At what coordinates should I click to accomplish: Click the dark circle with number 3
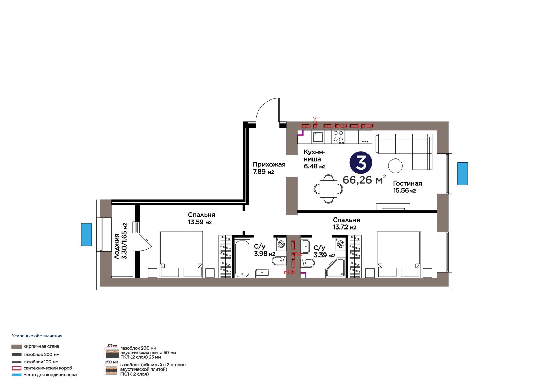pyautogui.click(x=361, y=163)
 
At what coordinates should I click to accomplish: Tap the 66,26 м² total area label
pyautogui.click(x=364, y=179)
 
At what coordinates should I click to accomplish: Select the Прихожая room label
pyautogui.click(x=269, y=164)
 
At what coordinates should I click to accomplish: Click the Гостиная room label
pyautogui.click(x=408, y=183)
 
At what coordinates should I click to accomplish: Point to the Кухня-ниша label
pyautogui.click(x=314, y=155)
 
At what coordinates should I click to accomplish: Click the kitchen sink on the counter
pyautogui.click(x=318, y=137)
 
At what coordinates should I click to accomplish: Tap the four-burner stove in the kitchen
pyautogui.click(x=338, y=137)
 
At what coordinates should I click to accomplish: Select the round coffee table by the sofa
pyautogui.click(x=395, y=166)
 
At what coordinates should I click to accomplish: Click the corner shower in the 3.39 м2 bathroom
pyautogui.click(x=335, y=268)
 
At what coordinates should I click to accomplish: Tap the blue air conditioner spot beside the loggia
pyautogui.click(x=86, y=234)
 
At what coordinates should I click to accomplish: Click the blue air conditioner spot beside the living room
pyautogui.click(x=463, y=174)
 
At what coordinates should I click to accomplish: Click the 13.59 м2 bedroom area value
pyautogui.click(x=200, y=222)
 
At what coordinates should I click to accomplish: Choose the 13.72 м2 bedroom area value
pyautogui.click(x=344, y=227)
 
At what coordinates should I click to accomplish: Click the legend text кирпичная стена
pyautogui.click(x=41, y=346)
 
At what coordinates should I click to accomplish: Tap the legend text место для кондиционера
pyautogui.click(x=50, y=375)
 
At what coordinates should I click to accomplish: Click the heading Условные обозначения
pyautogui.click(x=37, y=336)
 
